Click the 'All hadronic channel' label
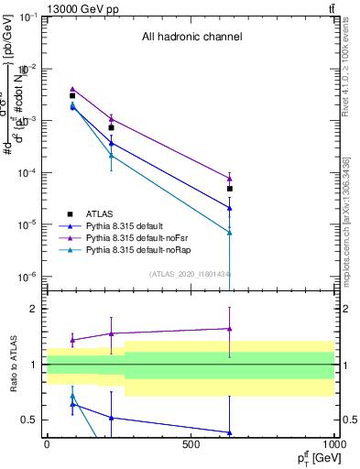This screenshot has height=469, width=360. click(x=191, y=38)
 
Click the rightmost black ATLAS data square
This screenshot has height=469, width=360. click(x=230, y=189)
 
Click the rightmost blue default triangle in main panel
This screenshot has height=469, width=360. click(x=230, y=208)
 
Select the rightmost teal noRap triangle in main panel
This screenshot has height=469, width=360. click(x=230, y=233)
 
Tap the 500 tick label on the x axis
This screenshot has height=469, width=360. click(x=191, y=444)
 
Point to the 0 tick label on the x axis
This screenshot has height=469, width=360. click(x=47, y=444)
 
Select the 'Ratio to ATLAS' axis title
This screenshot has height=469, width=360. click(x=12, y=364)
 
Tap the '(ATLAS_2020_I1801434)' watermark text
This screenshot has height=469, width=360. click(x=191, y=274)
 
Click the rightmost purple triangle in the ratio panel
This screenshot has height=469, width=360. click(x=230, y=328)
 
